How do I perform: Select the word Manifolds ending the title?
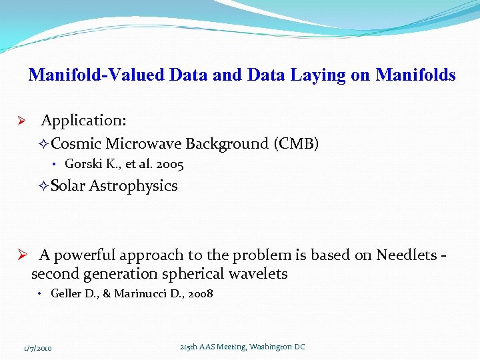(x=415, y=75)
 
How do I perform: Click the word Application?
(x=83, y=121)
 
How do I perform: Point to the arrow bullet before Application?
(x=21, y=121)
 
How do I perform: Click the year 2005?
(x=169, y=164)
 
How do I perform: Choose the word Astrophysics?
(x=133, y=186)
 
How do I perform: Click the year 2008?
(x=199, y=293)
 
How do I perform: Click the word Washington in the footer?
(x=270, y=347)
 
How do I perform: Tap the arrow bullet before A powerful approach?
(x=21, y=255)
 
